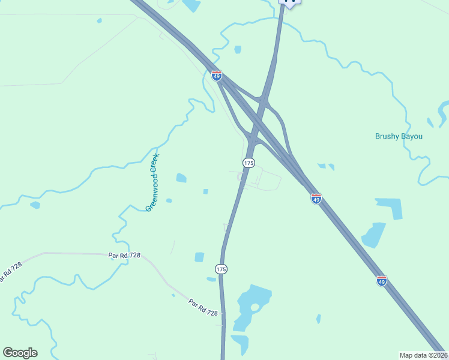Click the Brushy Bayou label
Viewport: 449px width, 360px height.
tap(399, 136)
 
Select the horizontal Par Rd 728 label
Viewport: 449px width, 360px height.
tap(124, 255)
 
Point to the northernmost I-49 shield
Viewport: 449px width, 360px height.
tap(217, 76)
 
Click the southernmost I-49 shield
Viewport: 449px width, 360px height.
tap(381, 280)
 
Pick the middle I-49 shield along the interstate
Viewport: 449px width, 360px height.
tap(316, 199)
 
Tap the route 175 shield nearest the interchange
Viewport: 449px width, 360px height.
tap(249, 163)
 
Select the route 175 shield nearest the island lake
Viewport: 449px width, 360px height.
tap(221, 269)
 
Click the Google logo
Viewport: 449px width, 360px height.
tap(20, 353)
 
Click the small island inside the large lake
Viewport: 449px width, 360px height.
tap(255, 307)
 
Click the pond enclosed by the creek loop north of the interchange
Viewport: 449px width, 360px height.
tap(238, 49)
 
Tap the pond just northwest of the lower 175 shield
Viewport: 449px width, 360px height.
tap(199, 257)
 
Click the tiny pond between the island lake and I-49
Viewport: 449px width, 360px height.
tap(318, 319)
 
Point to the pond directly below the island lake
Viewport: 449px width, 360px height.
tap(241, 343)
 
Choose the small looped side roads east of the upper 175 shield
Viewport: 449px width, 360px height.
tap(259, 179)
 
